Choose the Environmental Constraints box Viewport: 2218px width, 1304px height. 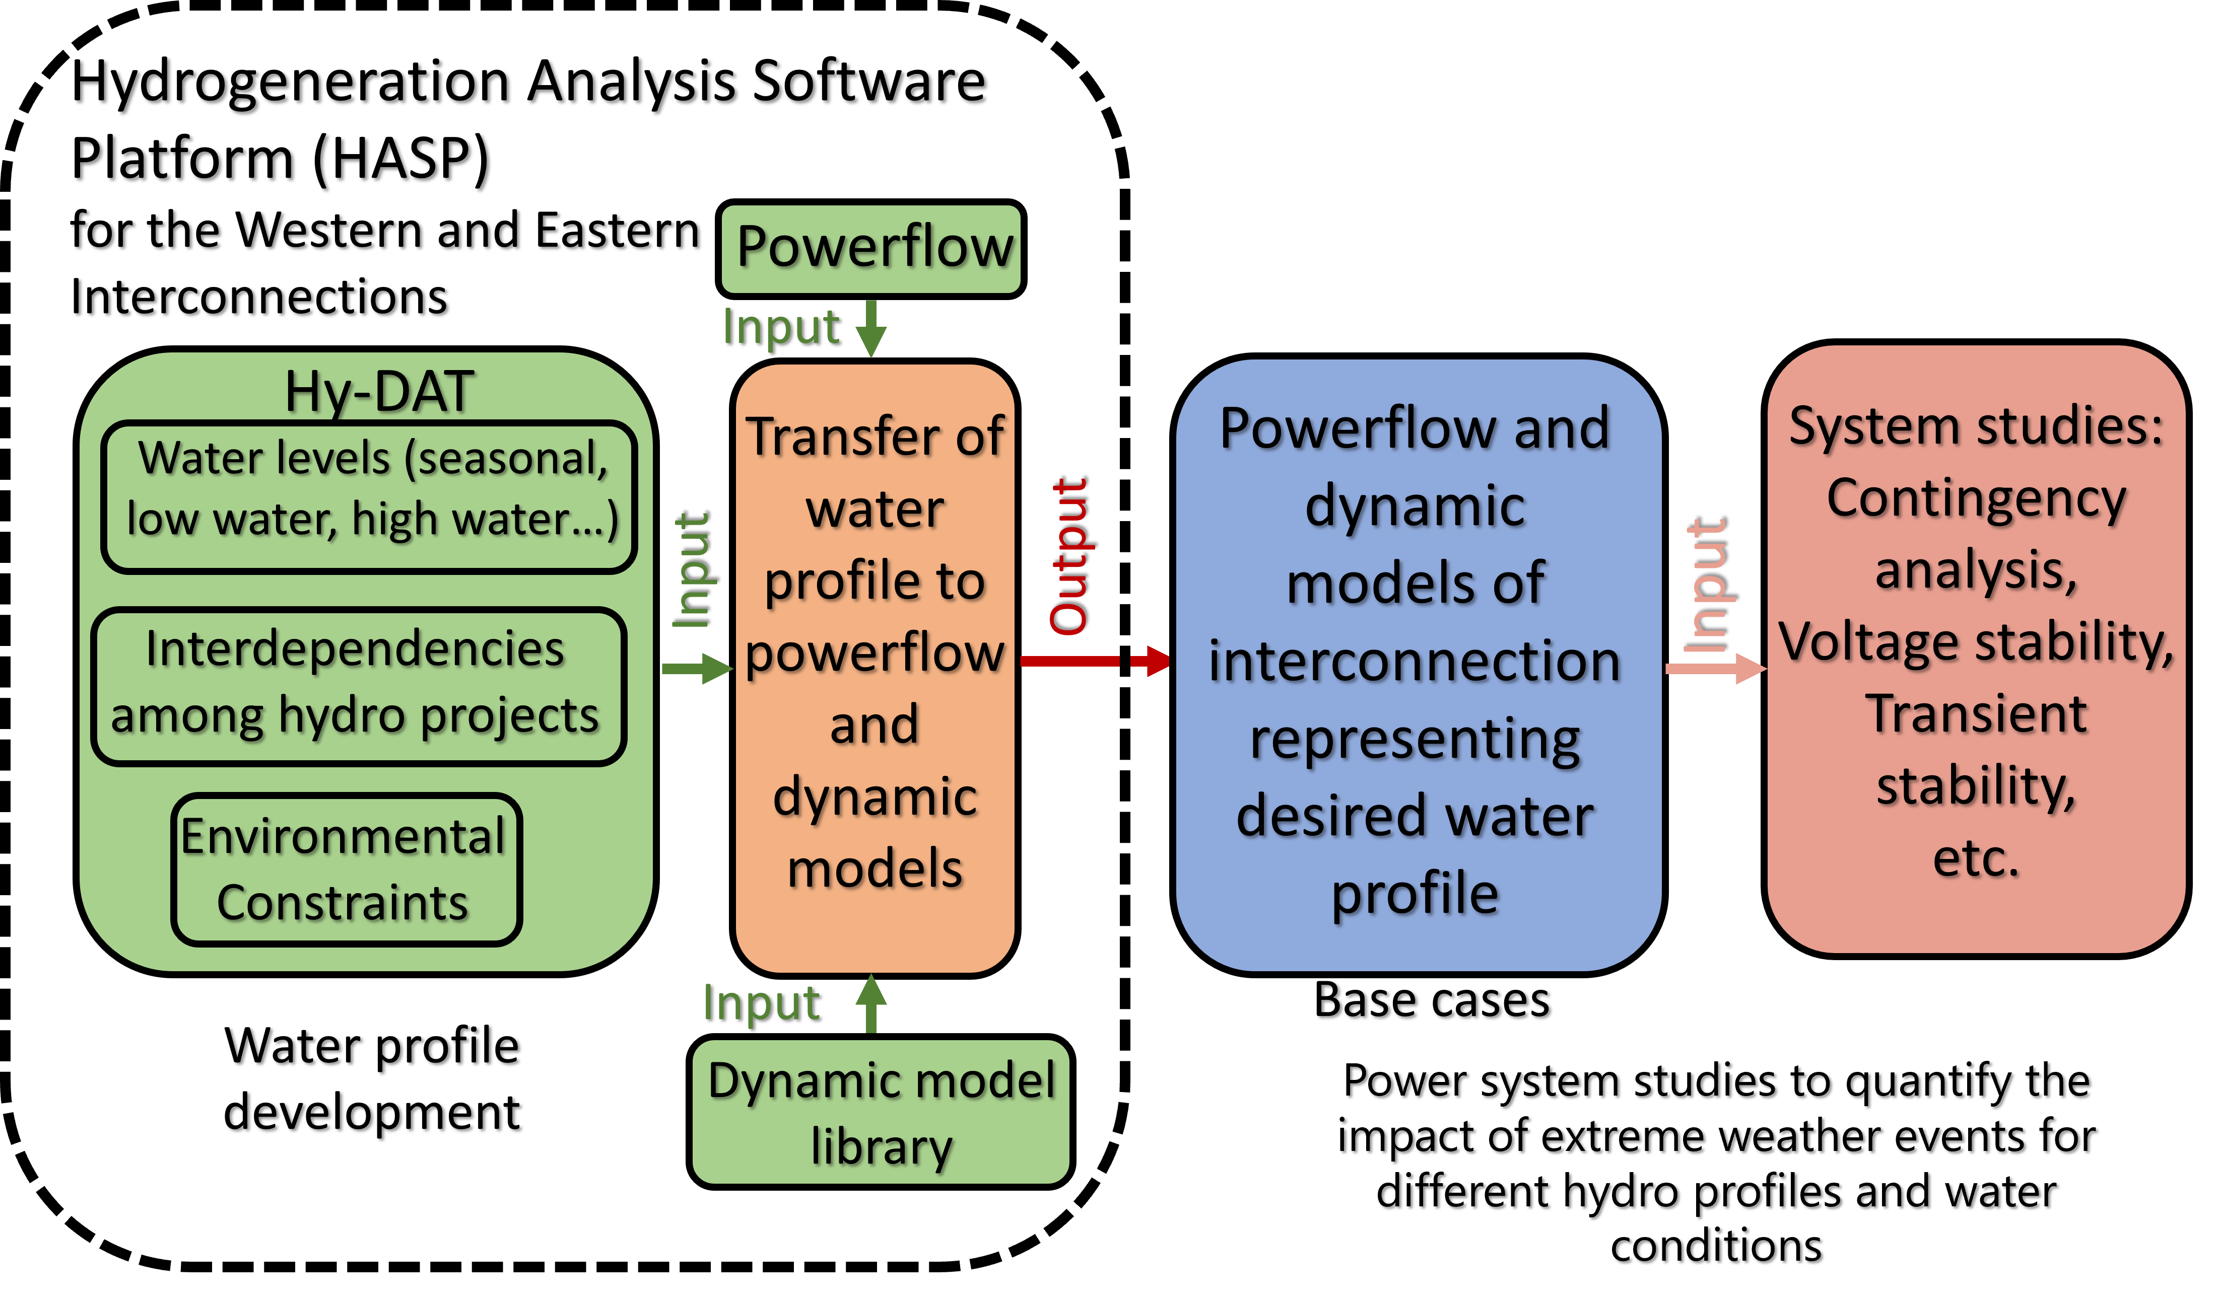(347, 870)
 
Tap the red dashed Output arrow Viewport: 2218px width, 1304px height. (1096, 660)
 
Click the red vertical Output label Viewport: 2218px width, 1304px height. (1068, 556)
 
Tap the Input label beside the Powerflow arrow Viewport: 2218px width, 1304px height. (781, 327)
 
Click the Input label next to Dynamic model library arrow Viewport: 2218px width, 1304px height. (761, 1003)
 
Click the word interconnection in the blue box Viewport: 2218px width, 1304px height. (1415, 662)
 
